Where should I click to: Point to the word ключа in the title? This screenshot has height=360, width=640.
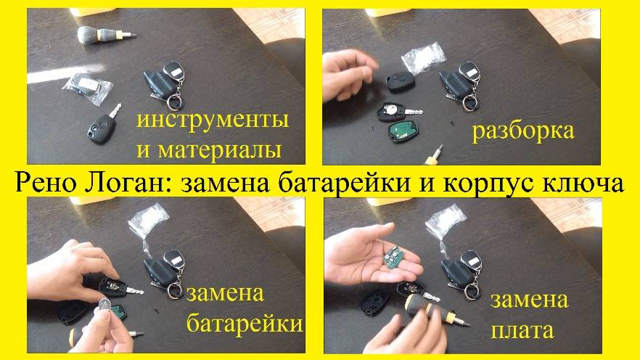(x=585, y=182)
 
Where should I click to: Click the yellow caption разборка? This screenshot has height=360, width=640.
(x=522, y=131)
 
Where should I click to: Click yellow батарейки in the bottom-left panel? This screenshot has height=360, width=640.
(x=244, y=324)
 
